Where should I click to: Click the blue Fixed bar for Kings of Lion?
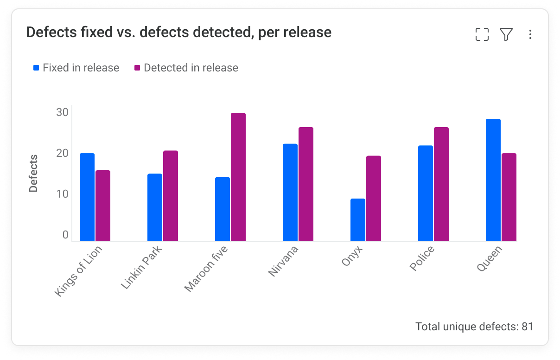click(87, 197)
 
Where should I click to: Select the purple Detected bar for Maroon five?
click(238, 177)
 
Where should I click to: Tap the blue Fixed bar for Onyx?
click(358, 220)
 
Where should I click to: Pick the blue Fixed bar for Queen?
click(493, 180)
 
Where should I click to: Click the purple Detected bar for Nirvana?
click(306, 184)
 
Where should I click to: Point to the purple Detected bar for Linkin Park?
click(171, 196)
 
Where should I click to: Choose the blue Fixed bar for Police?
click(426, 193)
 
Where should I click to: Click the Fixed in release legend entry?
click(76, 68)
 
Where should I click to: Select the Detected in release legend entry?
click(186, 68)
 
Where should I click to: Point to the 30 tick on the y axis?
click(63, 112)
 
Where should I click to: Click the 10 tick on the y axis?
click(63, 194)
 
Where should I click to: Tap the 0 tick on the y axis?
click(65, 235)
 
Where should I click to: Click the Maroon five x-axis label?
click(206, 269)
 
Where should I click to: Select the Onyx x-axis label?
click(351, 256)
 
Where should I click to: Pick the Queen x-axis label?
click(489, 258)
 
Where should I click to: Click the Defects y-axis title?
click(33, 174)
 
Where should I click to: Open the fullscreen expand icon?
click(482, 34)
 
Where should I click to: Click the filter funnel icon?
click(506, 34)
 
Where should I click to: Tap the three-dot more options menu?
click(530, 35)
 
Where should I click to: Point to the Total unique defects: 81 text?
click(474, 327)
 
